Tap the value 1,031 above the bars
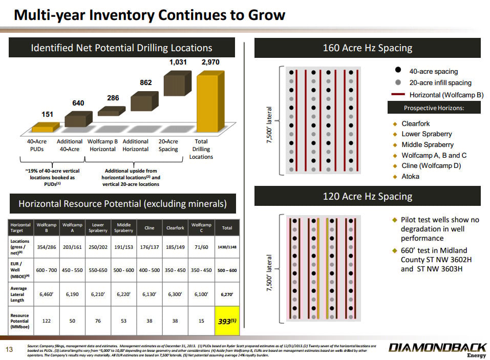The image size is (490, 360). point(178,62)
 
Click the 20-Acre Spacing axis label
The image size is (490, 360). point(168,145)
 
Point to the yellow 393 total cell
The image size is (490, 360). point(223,321)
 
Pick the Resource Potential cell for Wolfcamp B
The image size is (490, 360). point(46,321)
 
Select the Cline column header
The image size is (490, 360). point(150,227)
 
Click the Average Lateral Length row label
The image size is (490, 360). point(19,294)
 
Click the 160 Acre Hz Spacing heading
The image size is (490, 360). point(367,48)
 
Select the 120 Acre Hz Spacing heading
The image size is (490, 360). point(367,196)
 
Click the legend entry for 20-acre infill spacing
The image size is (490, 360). point(440,82)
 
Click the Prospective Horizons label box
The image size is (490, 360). point(434,108)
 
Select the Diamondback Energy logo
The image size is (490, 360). point(438,350)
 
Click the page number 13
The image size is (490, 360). point(8,350)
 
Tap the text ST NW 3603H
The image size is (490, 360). point(439,269)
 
